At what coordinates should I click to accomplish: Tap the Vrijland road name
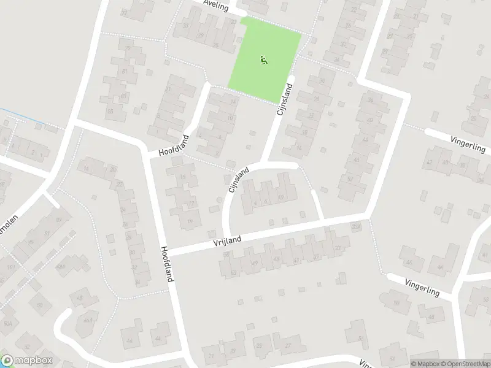pyautogui.click(x=228, y=240)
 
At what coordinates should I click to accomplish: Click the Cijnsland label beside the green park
pyautogui.click(x=285, y=101)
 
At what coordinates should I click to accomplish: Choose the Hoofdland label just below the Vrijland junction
pyautogui.click(x=166, y=264)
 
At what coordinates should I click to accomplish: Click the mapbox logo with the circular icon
pyautogui.click(x=27, y=360)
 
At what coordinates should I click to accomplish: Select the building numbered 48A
pyautogui.click(x=61, y=266)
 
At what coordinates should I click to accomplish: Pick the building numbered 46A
pyautogui.click(x=88, y=320)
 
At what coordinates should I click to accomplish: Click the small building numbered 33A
pyautogui.click(x=356, y=227)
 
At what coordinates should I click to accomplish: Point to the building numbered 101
pyautogui.click(x=9, y=268)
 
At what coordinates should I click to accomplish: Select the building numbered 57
pyautogui.click(x=350, y=179)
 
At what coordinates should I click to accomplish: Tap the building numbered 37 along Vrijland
pyautogui.click(x=316, y=257)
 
